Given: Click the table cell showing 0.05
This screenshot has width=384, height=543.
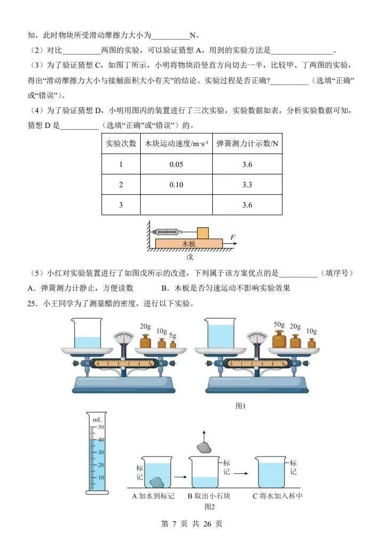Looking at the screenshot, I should pyautogui.click(x=176, y=164).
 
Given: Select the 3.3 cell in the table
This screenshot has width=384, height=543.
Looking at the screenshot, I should pyautogui.click(x=247, y=185).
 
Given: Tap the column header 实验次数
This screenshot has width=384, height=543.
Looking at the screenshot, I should pyautogui.click(x=121, y=144).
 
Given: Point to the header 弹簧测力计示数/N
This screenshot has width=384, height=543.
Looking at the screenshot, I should pyautogui.click(x=247, y=144).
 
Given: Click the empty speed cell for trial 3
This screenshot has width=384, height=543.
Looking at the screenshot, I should pyautogui.click(x=176, y=205).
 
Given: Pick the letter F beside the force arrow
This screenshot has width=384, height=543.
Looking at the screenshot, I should pyautogui.click(x=233, y=237).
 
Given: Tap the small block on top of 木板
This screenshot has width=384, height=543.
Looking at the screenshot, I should pyautogui.click(x=203, y=233).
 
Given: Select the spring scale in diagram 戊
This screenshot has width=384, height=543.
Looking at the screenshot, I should pyautogui.click(x=166, y=232).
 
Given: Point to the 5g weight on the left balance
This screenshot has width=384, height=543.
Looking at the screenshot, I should pyautogui.click(x=172, y=344).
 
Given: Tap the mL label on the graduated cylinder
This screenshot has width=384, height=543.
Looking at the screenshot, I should pyautogui.click(x=97, y=420).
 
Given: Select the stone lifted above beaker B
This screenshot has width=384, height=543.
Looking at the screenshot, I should pyautogui.click(x=203, y=447).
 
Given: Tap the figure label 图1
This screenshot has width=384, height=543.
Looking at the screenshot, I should pyautogui.click(x=241, y=406).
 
